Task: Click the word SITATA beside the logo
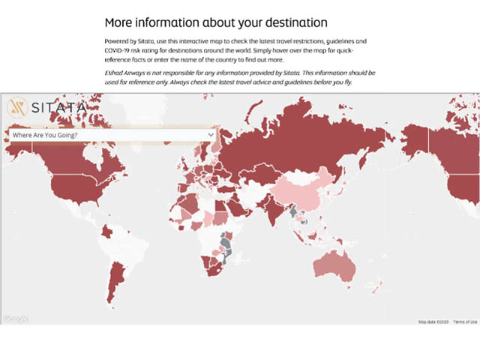(58, 108)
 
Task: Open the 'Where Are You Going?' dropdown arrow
(210, 134)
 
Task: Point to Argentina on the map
(113, 286)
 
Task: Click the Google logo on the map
(16, 319)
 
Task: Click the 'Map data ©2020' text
(432, 322)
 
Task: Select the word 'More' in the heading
(120, 22)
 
